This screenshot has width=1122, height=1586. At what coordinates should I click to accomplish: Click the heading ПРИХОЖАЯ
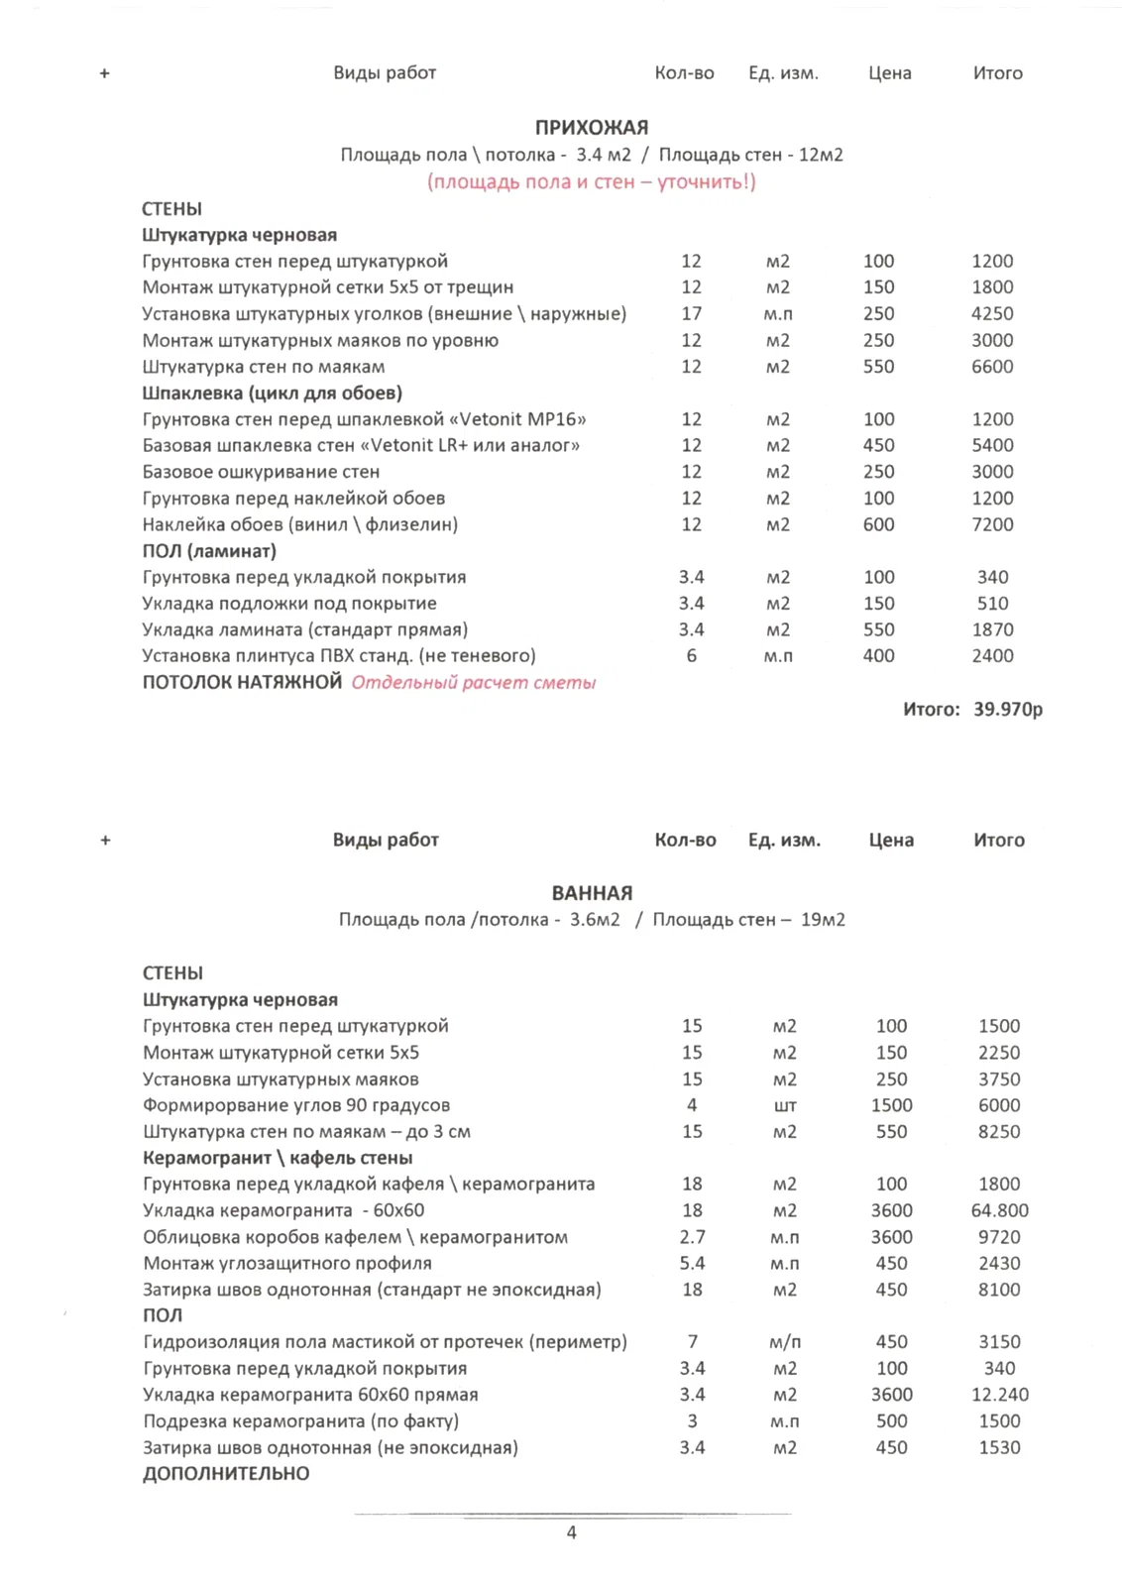(592, 127)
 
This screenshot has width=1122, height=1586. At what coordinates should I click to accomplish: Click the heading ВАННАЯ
(592, 893)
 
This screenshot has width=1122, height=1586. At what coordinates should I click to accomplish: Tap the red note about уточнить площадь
(592, 181)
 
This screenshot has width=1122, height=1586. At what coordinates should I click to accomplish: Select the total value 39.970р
(1007, 709)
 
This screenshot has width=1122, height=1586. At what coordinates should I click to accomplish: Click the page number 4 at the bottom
(571, 1532)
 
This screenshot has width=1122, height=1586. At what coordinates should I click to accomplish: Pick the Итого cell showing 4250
(992, 313)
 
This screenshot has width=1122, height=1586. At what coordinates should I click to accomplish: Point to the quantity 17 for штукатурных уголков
(691, 313)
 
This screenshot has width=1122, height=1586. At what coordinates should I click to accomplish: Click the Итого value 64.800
(999, 1210)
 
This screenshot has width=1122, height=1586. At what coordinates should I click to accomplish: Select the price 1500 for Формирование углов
(891, 1105)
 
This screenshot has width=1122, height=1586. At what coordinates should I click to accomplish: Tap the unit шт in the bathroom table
(784, 1105)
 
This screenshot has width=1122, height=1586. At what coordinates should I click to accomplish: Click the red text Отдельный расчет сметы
(474, 683)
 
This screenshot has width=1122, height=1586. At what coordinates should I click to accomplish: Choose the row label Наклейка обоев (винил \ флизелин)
(299, 524)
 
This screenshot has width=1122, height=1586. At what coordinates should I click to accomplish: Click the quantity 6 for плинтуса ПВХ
(691, 655)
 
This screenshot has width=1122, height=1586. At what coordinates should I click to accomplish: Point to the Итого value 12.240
(999, 1395)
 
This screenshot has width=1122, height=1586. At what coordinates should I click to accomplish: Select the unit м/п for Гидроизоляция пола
(784, 1342)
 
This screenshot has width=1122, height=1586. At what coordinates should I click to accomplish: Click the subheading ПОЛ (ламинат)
(209, 551)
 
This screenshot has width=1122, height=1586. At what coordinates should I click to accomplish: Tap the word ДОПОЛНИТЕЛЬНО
(226, 1474)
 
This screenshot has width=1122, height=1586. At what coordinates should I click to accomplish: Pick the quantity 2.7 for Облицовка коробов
(692, 1237)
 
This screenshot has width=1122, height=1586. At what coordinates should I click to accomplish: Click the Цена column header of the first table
(889, 73)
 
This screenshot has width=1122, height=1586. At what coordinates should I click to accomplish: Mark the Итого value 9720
(999, 1237)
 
